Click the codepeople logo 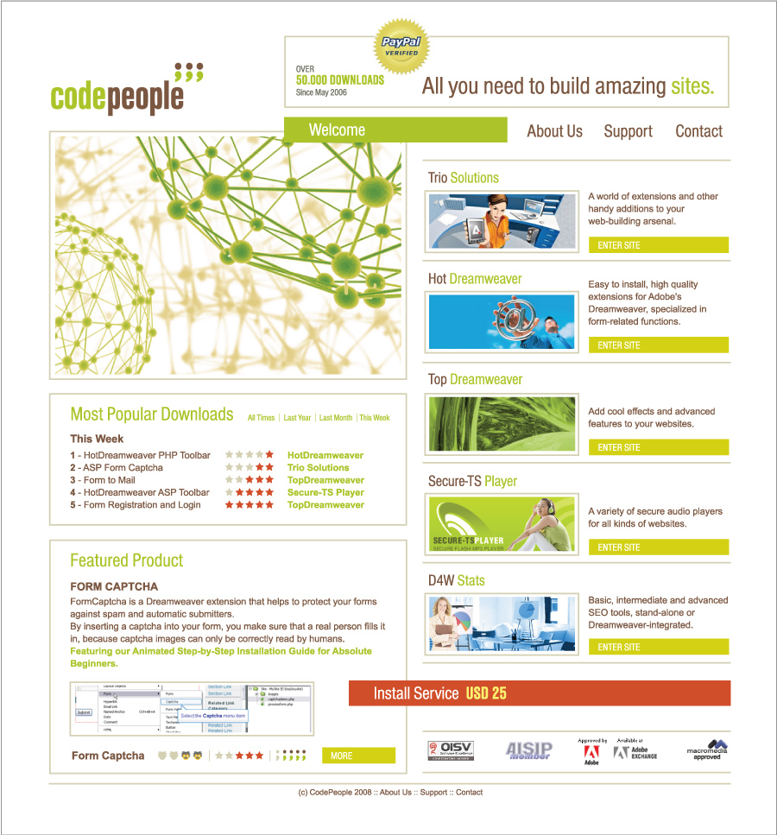(126, 91)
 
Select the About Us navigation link (554, 131)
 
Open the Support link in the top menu (628, 131)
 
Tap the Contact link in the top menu (698, 131)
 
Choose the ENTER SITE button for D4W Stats (658, 647)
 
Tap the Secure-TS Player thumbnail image (501, 524)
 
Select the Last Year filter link (297, 418)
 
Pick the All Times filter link (261, 418)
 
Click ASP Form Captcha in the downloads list (123, 467)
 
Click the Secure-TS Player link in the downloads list (325, 492)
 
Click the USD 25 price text (486, 693)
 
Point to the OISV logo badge (451, 750)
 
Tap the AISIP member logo (527, 750)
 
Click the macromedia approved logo (707, 750)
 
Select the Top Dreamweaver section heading (475, 379)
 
